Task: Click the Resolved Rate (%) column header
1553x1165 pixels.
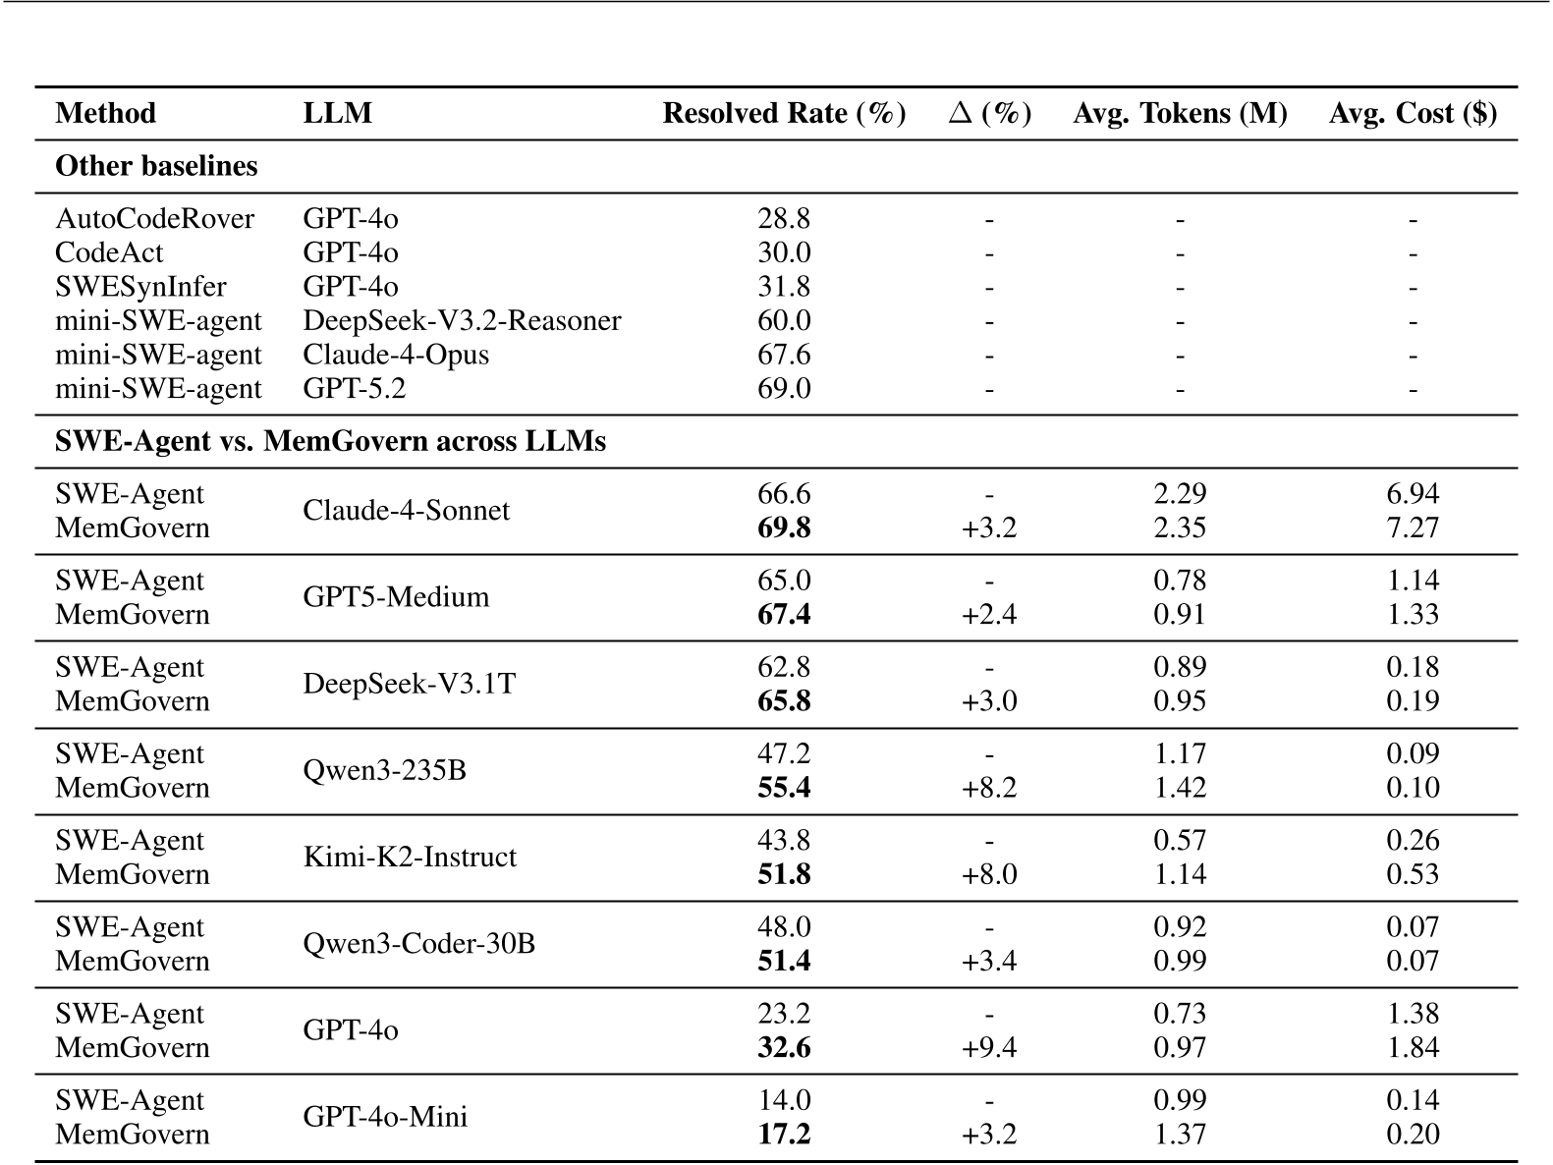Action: tap(784, 113)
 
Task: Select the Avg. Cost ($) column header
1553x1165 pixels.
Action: tap(1413, 113)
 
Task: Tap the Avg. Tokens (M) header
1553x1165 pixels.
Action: tap(1180, 113)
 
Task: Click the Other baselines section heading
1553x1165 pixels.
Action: tap(156, 166)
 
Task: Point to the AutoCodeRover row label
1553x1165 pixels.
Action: tap(154, 218)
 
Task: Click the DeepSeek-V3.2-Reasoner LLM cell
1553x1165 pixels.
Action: tap(462, 320)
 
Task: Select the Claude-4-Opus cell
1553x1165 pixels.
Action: tap(396, 355)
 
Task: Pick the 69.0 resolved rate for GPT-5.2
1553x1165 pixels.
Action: tap(784, 389)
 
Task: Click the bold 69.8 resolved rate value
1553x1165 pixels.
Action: tap(784, 527)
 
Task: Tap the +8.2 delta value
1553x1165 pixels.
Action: tap(989, 788)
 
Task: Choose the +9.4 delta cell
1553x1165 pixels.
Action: tap(989, 1047)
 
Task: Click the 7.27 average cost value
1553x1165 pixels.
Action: tap(1413, 527)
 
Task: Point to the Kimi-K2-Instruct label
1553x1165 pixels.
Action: tap(410, 857)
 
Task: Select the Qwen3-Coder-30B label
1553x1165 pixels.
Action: tap(419, 943)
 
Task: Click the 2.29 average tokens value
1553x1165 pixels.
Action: tap(1180, 493)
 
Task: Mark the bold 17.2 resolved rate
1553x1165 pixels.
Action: tap(784, 1134)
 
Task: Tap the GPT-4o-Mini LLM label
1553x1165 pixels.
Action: tap(385, 1117)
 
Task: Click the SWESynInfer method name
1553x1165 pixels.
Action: tap(140, 287)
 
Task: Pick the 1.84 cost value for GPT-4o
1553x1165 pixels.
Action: tap(1413, 1047)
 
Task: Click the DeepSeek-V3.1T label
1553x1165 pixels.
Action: tap(409, 684)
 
